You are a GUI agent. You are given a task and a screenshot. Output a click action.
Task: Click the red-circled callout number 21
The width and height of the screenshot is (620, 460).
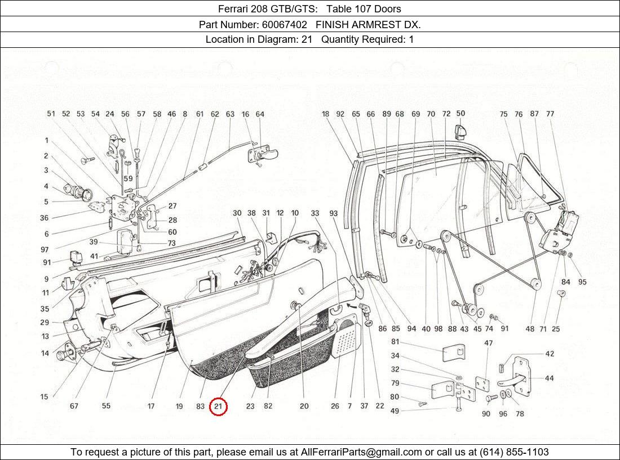(x=218, y=406)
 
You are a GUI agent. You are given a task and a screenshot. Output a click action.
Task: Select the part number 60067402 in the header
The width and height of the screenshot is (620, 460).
(x=285, y=25)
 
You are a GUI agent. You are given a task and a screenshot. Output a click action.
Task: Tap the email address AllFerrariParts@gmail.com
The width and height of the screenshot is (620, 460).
(x=361, y=452)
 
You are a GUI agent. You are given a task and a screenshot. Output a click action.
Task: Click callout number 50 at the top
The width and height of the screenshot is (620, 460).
(x=460, y=114)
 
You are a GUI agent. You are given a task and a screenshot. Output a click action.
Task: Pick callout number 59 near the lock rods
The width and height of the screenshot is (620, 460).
(x=129, y=179)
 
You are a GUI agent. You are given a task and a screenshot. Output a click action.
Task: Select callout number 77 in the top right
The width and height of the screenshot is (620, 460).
(x=550, y=114)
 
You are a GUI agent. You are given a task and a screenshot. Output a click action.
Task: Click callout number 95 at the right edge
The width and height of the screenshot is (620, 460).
(x=582, y=282)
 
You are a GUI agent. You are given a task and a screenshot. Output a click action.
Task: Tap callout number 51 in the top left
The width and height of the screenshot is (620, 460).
(x=51, y=114)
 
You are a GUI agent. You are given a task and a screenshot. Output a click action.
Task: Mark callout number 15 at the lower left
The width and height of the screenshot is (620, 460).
(x=44, y=397)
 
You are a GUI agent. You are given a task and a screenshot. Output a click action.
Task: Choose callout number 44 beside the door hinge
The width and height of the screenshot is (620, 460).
(x=548, y=378)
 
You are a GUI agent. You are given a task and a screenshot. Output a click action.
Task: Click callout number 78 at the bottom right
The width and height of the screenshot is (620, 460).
(x=519, y=414)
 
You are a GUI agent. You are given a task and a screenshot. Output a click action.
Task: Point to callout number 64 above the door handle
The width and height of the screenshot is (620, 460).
(x=260, y=114)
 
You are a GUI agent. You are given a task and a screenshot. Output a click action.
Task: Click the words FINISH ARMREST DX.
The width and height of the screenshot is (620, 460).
(x=368, y=25)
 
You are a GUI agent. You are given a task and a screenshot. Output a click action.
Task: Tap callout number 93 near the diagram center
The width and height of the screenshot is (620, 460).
(x=334, y=213)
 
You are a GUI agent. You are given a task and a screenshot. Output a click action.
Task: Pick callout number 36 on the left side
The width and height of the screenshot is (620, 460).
(x=44, y=218)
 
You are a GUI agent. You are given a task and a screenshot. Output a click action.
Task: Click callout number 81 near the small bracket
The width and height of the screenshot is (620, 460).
(x=395, y=342)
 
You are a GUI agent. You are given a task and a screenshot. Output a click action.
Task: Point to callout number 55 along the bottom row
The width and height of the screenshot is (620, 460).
(x=106, y=406)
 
